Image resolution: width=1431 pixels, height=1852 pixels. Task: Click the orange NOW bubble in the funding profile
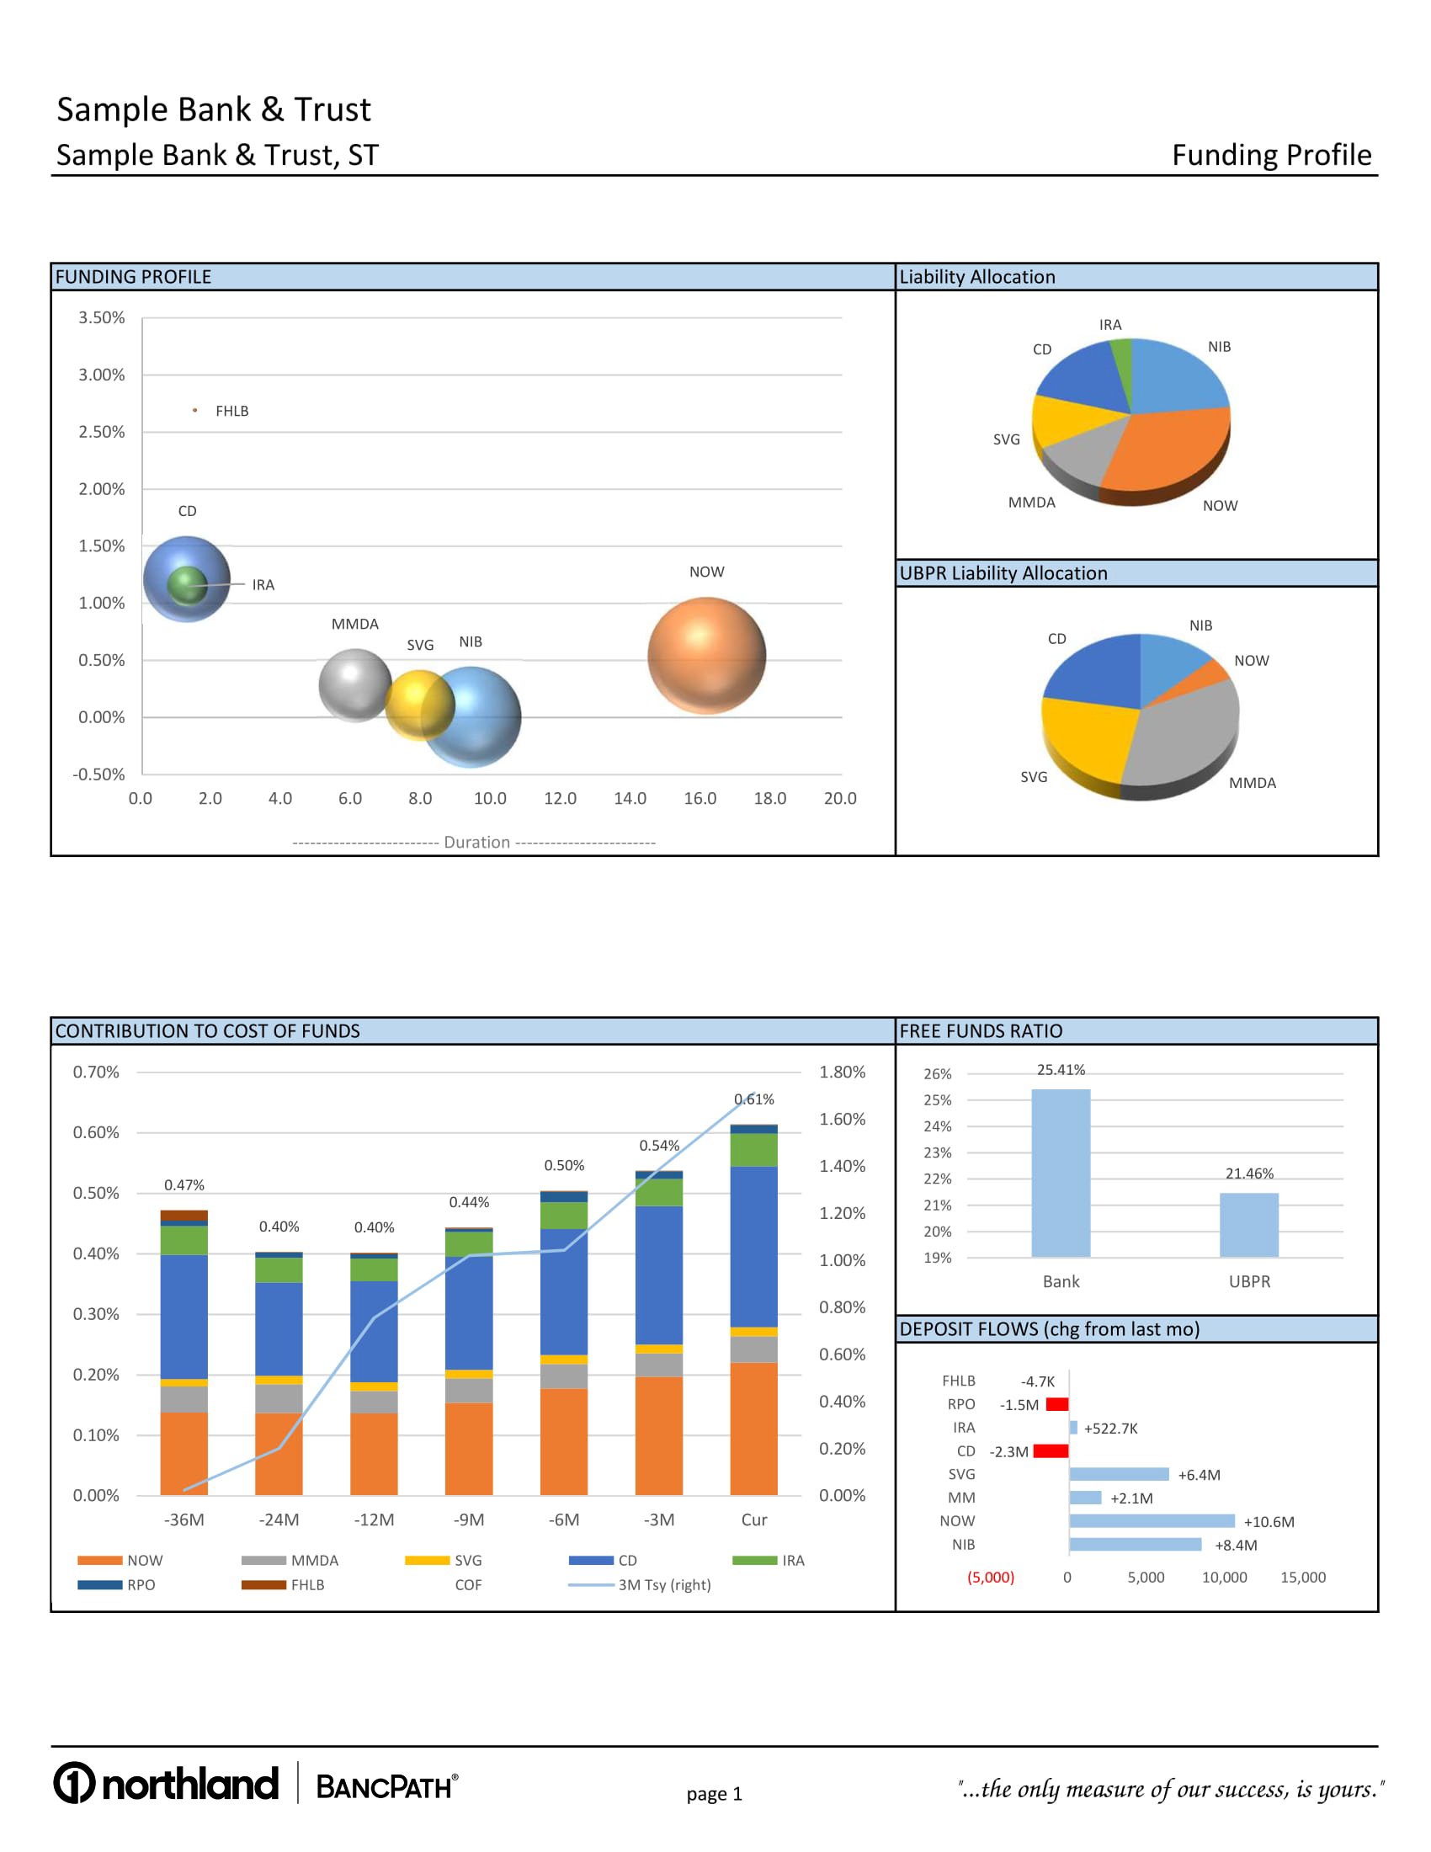pos(706,656)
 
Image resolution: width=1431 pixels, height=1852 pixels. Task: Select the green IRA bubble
pos(187,584)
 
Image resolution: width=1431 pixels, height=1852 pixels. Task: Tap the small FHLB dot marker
pos(195,411)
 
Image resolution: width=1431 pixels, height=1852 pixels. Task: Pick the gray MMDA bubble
pos(354,685)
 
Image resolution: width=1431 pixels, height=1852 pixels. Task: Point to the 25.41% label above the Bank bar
pos(1061,1070)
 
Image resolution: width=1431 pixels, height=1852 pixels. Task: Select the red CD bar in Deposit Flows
pos(1051,1451)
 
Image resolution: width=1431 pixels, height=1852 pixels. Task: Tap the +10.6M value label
pos(1269,1521)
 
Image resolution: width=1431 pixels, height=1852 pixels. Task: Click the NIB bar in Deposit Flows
pos(1135,1544)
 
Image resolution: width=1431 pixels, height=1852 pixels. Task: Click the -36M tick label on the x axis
pos(184,1519)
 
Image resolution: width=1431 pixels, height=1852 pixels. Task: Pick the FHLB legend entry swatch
pos(263,1585)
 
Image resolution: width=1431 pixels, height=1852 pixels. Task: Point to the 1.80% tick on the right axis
pos(842,1072)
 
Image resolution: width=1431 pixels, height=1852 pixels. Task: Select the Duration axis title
pos(476,842)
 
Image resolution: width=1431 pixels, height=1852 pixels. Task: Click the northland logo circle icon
pos(75,1782)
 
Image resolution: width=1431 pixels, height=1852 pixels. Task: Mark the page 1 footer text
pos(714,1793)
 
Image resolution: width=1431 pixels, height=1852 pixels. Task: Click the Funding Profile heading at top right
pos(1271,155)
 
